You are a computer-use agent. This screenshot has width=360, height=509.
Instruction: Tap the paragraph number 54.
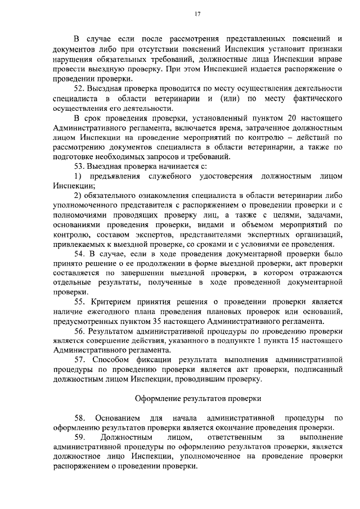79,254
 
